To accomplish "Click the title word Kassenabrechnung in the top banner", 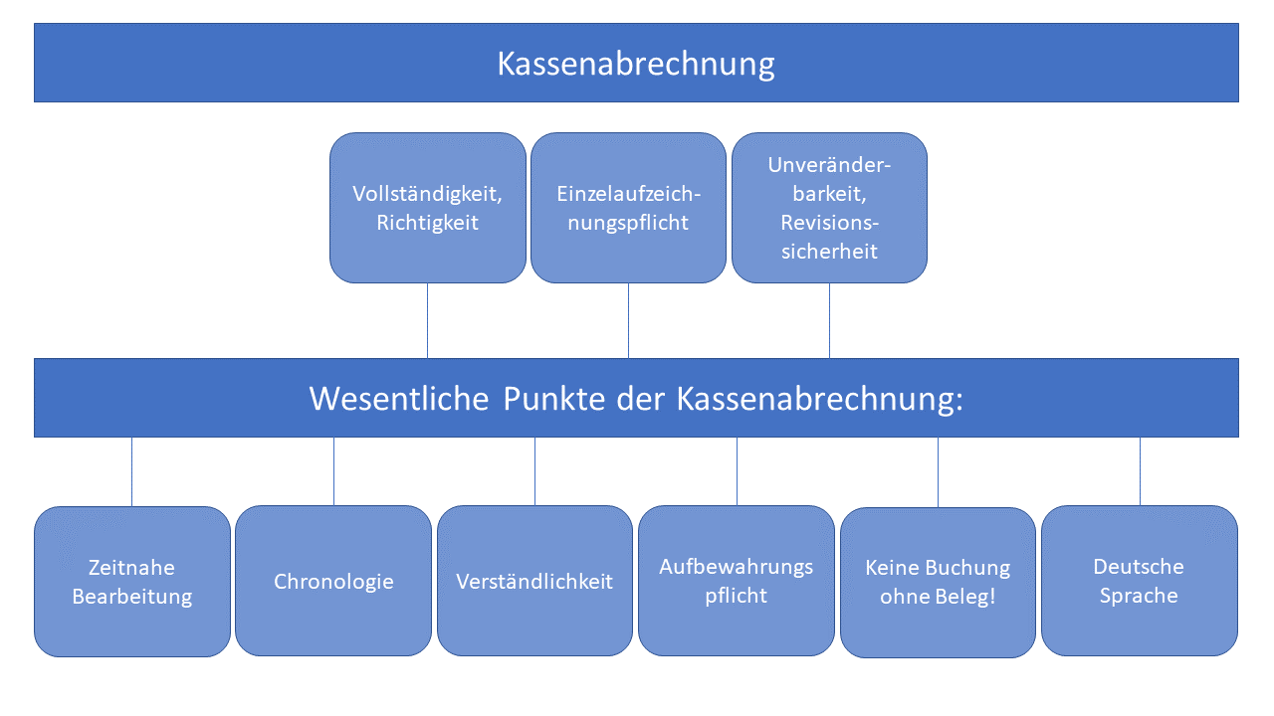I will tap(636, 64).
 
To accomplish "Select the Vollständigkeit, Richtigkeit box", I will tap(428, 208).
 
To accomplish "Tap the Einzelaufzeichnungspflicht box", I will tap(628, 208).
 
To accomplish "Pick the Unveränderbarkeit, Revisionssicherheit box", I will tap(829, 208).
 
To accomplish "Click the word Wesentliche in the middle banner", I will tap(399, 398).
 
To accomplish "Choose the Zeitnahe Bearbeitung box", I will tap(132, 582).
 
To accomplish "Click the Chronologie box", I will tap(333, 581).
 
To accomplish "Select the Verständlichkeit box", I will tap(534, 581).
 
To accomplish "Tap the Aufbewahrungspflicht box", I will tap(737, 581).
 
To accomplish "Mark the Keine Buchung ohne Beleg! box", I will tap(938, 583).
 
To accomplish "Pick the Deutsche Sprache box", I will tap(1139, 581).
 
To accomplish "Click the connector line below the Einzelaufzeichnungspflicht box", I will tap(628, 320).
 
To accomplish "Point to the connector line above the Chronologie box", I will tap(333, 471).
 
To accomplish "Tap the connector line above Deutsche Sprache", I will tap(1140, 471).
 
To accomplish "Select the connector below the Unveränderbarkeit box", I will tap(829, 320).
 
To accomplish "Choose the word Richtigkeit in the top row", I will tap(428, 223).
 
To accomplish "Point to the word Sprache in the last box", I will tap(1139, 596).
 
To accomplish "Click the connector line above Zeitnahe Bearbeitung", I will tap(131, 471).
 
